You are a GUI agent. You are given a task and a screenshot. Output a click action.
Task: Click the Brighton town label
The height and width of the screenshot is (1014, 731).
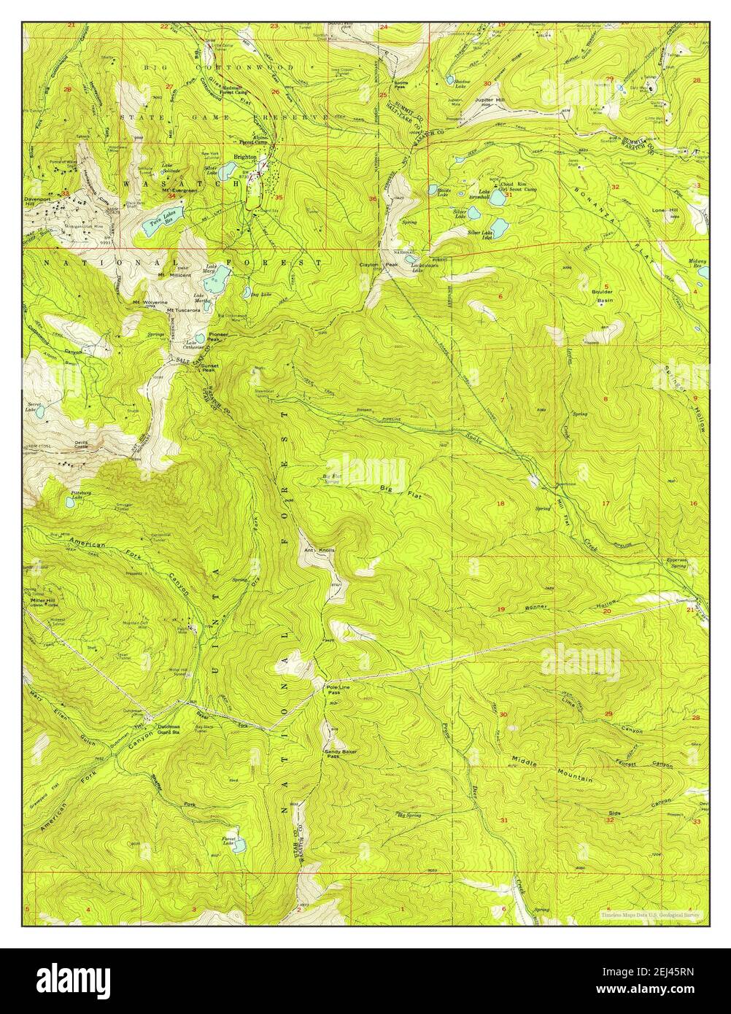(245, 157)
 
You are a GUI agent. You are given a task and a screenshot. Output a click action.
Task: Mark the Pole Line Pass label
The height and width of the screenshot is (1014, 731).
(328, 692)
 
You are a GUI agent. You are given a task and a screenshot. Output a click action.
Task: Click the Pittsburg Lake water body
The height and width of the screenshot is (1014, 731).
(72, 502)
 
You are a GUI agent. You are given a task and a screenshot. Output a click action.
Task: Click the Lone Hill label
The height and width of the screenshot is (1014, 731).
(664, 210)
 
